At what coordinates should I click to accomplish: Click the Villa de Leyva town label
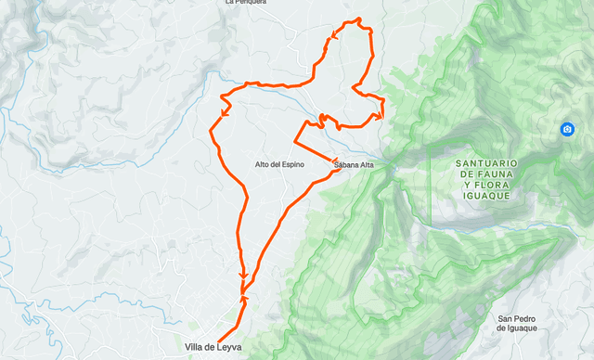point(213,347)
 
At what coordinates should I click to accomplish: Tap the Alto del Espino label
point(279,164)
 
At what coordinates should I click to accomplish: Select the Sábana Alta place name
point(354,165)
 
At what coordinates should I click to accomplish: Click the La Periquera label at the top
point(246,3)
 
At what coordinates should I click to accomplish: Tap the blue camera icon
point(566,129)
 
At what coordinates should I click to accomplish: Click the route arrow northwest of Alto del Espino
point(225,113)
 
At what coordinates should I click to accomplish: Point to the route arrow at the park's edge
point(380,115)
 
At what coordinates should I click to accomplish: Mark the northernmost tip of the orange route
point(357,19)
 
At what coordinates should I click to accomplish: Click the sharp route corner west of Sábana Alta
point(295,142)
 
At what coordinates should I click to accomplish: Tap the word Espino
point(292,164)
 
